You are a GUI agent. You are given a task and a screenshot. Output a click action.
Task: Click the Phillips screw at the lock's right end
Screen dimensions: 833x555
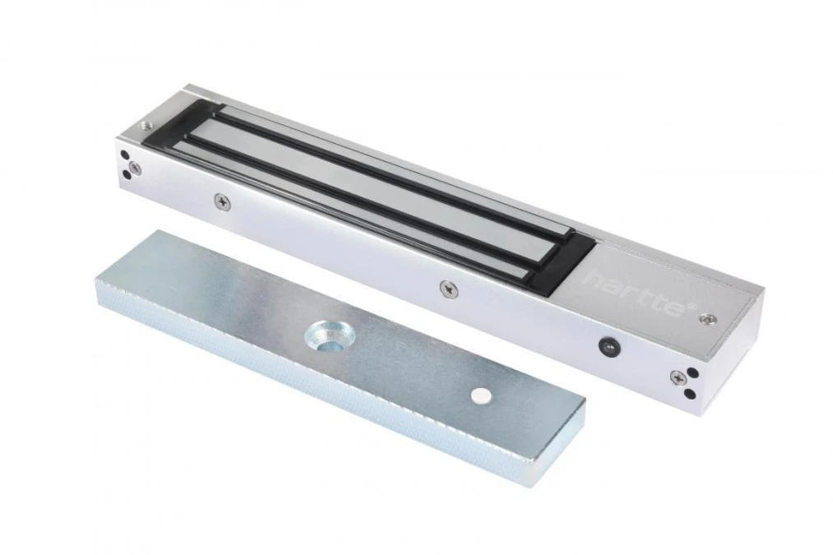(x=678, y=377)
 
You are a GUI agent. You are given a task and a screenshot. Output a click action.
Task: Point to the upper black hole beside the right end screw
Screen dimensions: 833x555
(x=692, y=372)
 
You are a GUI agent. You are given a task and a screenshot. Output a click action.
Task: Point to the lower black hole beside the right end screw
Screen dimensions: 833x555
(x=690, y=394)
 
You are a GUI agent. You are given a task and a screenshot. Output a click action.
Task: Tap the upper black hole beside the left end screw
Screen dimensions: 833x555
(x=124, y=155)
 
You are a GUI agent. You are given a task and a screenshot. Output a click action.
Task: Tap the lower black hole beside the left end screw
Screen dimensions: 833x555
(x=127, y=174)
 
